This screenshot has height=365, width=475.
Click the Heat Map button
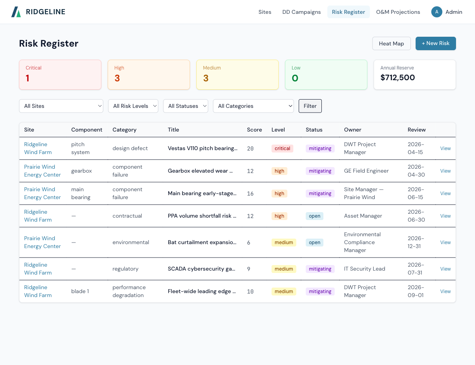391,43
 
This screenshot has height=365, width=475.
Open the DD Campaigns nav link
301,12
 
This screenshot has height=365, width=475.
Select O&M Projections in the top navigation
398,12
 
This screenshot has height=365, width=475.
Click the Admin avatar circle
437,12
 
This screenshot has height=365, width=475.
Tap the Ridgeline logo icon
16,12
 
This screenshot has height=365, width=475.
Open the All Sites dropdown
61,106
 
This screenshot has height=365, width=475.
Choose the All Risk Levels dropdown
133,106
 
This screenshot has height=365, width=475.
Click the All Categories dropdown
253,106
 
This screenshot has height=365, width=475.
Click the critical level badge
282,149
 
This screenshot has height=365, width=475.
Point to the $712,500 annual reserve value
397,78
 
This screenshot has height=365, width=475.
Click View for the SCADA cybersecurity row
445,269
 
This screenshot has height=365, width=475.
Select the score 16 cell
250,194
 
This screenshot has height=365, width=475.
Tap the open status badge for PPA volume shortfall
314,216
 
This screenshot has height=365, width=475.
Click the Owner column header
352,130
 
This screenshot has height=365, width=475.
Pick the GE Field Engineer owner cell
366,171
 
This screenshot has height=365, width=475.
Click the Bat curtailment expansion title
202,243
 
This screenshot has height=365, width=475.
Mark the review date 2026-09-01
416,292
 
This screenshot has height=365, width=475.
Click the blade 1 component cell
80,292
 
